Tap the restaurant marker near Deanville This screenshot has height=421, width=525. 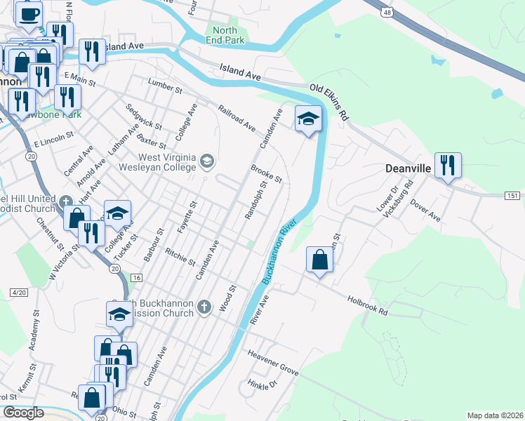point(447,166)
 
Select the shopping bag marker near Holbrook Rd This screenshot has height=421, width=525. point(320,260)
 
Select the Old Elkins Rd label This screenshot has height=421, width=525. point(329,102)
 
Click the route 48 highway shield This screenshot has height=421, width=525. point(387,12)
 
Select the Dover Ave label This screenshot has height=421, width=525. point(425,210)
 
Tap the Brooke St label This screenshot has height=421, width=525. point(266,174)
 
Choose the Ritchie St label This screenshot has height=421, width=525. point(180,257)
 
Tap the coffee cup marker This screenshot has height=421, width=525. point(29,14)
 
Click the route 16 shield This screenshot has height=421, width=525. point(136,279)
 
